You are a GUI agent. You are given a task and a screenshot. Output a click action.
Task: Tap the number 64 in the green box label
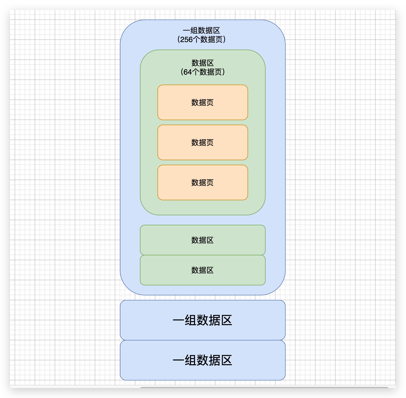pos(187,72)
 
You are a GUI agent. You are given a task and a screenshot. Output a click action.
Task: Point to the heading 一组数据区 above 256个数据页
pos(201,31)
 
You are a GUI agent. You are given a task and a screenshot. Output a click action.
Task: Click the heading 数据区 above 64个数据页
pos(202,63)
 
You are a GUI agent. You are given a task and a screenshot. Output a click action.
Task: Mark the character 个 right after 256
pos(196,40)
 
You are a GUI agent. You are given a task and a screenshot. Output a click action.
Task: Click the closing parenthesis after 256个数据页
pos(224,40)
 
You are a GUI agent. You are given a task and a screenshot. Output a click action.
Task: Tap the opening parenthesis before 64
pos(182,72)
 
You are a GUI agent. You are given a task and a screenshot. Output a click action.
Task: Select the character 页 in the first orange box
pos(210,103)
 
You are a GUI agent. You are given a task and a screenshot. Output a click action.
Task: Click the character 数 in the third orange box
pos(195,183)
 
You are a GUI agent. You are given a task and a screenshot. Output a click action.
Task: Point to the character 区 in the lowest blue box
pos(227,360)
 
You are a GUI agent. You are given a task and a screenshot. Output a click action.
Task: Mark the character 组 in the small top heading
pos(194,31)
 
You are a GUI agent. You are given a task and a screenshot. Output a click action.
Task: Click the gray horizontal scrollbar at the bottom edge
pos(264,387)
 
